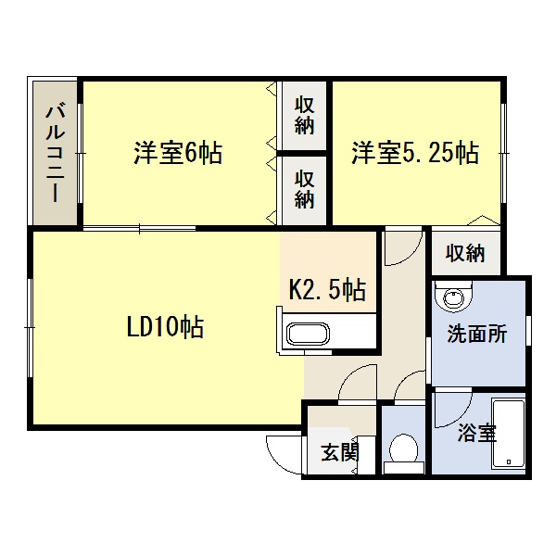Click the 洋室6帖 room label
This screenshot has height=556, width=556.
(178, 153)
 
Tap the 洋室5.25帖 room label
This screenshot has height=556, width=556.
(415, 153)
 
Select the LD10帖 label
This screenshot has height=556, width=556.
(165, 326)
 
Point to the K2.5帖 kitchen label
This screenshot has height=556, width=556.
(327, 289)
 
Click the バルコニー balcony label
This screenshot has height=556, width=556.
(56, 152)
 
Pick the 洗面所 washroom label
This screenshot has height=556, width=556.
(477, 334)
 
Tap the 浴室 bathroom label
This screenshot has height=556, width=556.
(477, 432)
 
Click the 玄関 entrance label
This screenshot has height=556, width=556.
(340, 452)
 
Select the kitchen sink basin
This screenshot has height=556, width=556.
(308, 334)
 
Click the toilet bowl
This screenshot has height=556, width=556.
(403, 449)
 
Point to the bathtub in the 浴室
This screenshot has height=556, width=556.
(508, 434)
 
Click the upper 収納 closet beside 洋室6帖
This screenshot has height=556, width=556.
(304, 116)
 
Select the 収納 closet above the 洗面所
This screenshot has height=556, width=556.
(465, 253)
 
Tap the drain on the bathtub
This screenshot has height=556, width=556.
(509, 461)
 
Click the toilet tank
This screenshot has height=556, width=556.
(404, 468)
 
